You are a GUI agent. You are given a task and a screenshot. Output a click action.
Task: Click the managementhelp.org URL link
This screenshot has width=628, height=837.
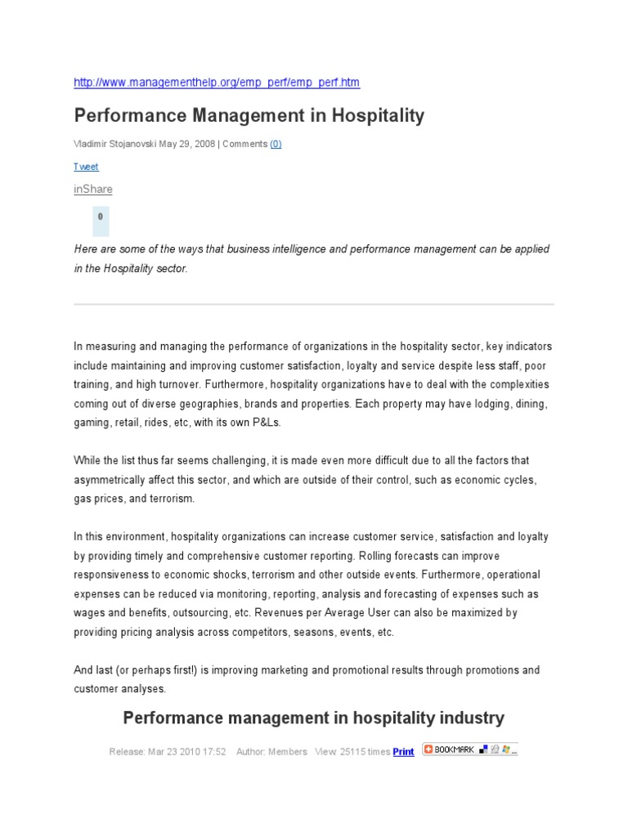217,83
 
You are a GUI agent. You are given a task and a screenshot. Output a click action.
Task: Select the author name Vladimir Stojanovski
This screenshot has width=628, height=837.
114,144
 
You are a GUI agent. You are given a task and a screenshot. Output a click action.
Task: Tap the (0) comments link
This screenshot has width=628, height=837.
276,144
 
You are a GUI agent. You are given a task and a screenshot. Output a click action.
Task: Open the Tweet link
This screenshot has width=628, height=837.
86,167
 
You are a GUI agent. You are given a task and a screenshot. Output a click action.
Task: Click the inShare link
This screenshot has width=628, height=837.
93,190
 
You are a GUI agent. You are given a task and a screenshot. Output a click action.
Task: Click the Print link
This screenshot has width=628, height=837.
403,752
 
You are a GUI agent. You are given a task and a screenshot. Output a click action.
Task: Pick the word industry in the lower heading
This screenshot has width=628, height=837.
470,718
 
